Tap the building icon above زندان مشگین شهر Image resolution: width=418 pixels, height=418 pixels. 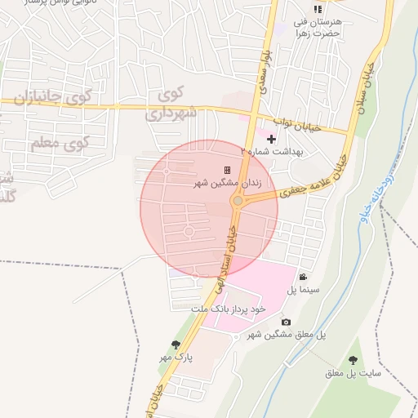(x=227, y=170)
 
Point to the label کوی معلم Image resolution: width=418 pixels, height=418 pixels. (x=59, y=144)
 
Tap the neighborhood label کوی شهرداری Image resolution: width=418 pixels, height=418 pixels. (x=171, y=104)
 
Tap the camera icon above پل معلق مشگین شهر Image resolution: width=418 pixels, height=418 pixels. (x=286, y=322)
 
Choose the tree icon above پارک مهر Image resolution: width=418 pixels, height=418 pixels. (x=175, y=345)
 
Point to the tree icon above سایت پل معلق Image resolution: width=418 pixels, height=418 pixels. (x=354, y=360)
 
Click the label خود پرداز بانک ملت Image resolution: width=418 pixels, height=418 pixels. (x=229, y=310)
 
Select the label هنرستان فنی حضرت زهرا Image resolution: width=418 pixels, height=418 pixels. (x=318, y=27)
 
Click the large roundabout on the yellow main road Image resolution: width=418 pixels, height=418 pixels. (x=238, y=201)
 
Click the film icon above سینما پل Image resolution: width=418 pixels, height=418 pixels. (x=304, y=277)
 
